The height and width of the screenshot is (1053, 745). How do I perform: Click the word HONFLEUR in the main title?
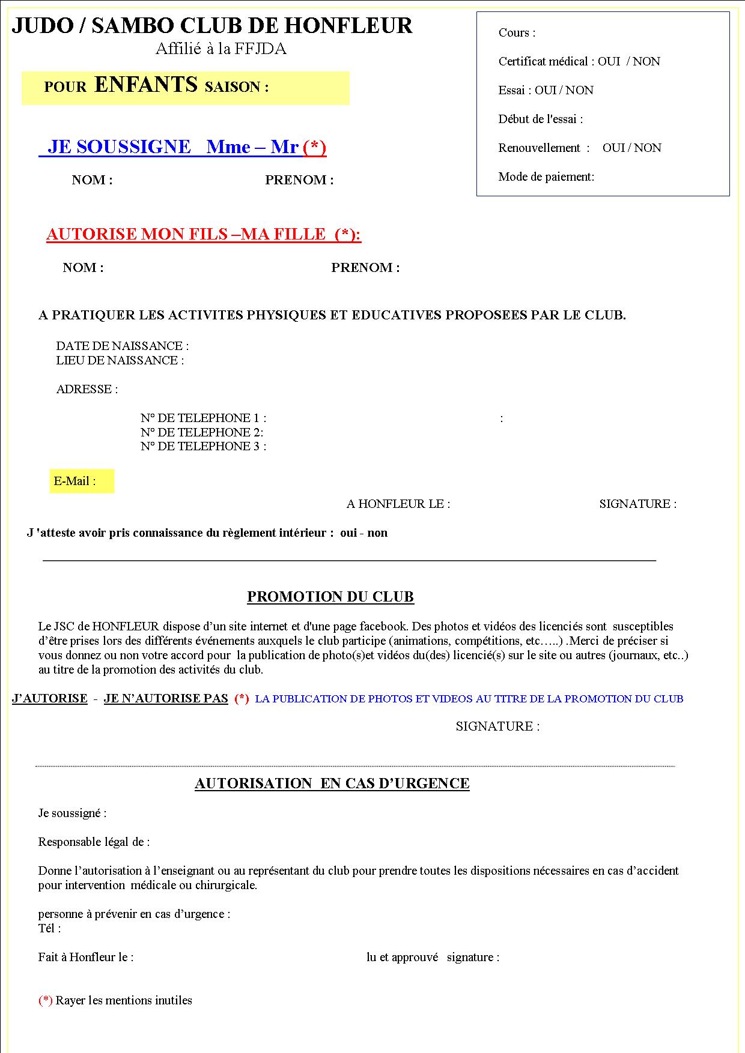pos(348,26)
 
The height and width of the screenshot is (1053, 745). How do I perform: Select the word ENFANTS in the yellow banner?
pos(146,85)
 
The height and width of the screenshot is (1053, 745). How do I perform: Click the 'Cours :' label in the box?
pos(517,33)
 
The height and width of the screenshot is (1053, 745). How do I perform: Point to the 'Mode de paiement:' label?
pos(546,177)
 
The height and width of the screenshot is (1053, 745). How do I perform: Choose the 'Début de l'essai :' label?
pos(541,119)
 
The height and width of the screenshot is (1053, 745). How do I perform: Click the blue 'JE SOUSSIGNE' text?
pos(119,147)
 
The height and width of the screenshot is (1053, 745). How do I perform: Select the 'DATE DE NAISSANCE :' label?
pos(123,346)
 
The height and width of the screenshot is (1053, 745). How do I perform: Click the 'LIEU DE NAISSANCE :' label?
pos(120,360)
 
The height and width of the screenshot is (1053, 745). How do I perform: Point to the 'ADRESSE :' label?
pos(87,389)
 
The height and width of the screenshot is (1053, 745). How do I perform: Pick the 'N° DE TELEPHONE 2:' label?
pos(202,432)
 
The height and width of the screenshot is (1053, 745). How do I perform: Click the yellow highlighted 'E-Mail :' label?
pos(75,481)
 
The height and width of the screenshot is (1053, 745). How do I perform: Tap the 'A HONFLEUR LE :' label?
pos(398,504)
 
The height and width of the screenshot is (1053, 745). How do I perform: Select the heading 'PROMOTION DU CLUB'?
pos(330,597)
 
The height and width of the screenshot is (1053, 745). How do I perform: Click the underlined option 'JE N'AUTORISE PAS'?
pos(166,698)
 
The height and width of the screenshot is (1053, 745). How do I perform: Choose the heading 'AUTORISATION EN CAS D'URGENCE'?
pos(332,783)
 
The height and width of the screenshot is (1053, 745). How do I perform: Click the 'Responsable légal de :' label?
pos(94,842)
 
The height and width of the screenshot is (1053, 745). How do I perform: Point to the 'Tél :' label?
pos(50,928)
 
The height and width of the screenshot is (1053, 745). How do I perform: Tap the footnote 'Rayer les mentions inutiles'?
pos(124,1000)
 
